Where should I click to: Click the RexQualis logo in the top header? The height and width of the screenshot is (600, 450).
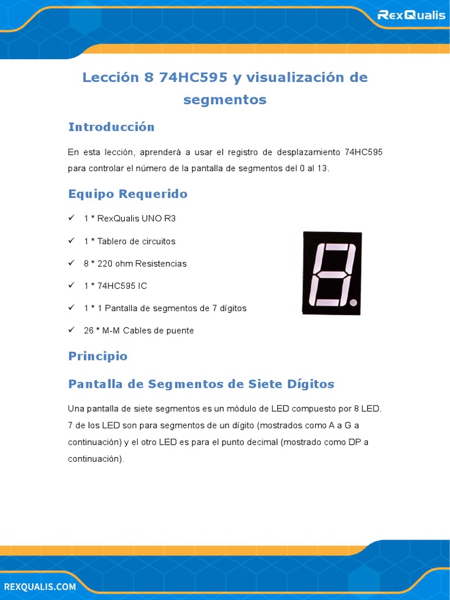tap(411, 15)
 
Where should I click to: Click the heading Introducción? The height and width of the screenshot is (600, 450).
tap(111, 127)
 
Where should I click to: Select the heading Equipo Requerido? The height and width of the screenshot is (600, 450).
tap(128, 194)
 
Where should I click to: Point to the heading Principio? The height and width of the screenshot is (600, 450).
tap(98, 356)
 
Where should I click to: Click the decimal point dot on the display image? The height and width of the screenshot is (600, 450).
tap(353, 303)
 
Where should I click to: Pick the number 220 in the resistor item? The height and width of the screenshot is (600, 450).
tap(105, 264)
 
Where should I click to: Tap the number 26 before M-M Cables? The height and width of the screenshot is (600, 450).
tap(89, 330)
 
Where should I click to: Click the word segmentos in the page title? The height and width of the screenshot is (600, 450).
tap(225, 100)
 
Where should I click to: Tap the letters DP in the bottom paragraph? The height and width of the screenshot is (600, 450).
tap(354, 442)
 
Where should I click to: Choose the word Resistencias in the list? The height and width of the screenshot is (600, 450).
tap(161, 264)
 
